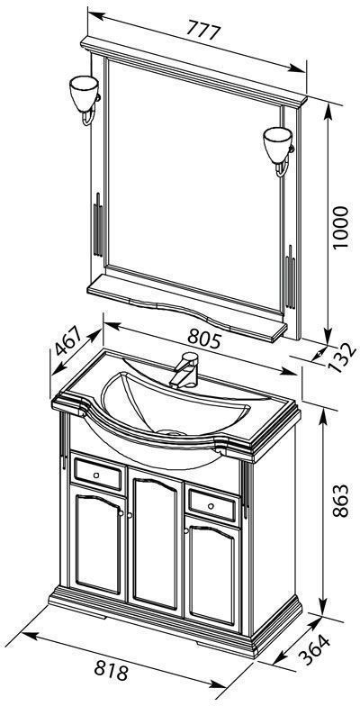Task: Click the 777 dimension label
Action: [x=203, y=32]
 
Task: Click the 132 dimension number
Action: [x=342, y=358]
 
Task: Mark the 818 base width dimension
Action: [x=112, y=672]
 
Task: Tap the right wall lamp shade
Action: [x=277, y=144]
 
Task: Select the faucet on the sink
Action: [x=184, y=369]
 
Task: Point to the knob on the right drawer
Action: [x=211, y=506]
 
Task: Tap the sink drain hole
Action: [x=171, y=433]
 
